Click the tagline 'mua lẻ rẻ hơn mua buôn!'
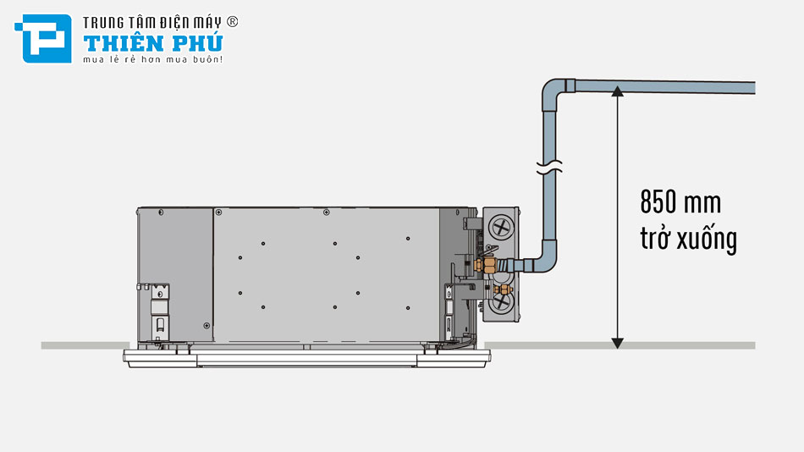coord(152,60)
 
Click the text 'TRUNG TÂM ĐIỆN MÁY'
coord(151,22)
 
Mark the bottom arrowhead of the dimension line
coord(618,341)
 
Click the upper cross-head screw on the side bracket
coord(501,227)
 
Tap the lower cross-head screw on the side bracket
coord(501,303)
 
